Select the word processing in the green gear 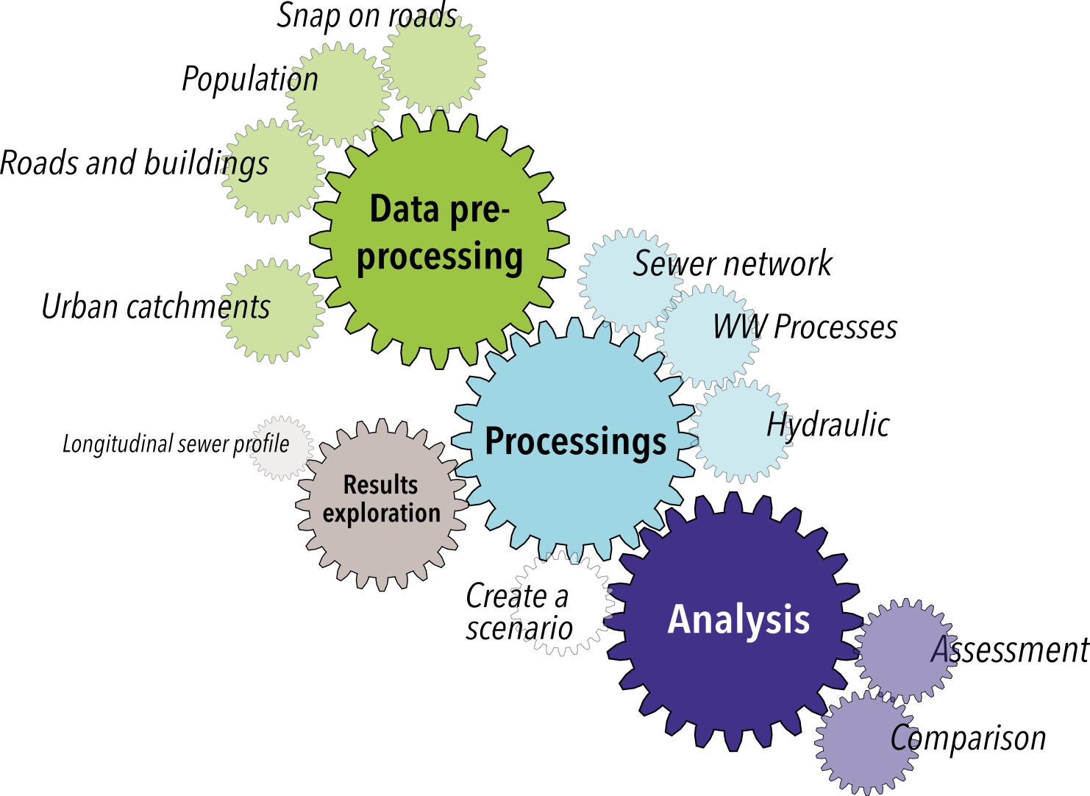tap(440, 257)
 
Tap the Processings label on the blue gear tap(575, 441)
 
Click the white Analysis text tap(738, 619)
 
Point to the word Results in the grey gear tap(380, 485)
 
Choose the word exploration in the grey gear tap(381, 513)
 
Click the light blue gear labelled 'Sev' tap(631, 280)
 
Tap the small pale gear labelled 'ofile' tap(280, 447)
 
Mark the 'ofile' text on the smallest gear tap(271, 444)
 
